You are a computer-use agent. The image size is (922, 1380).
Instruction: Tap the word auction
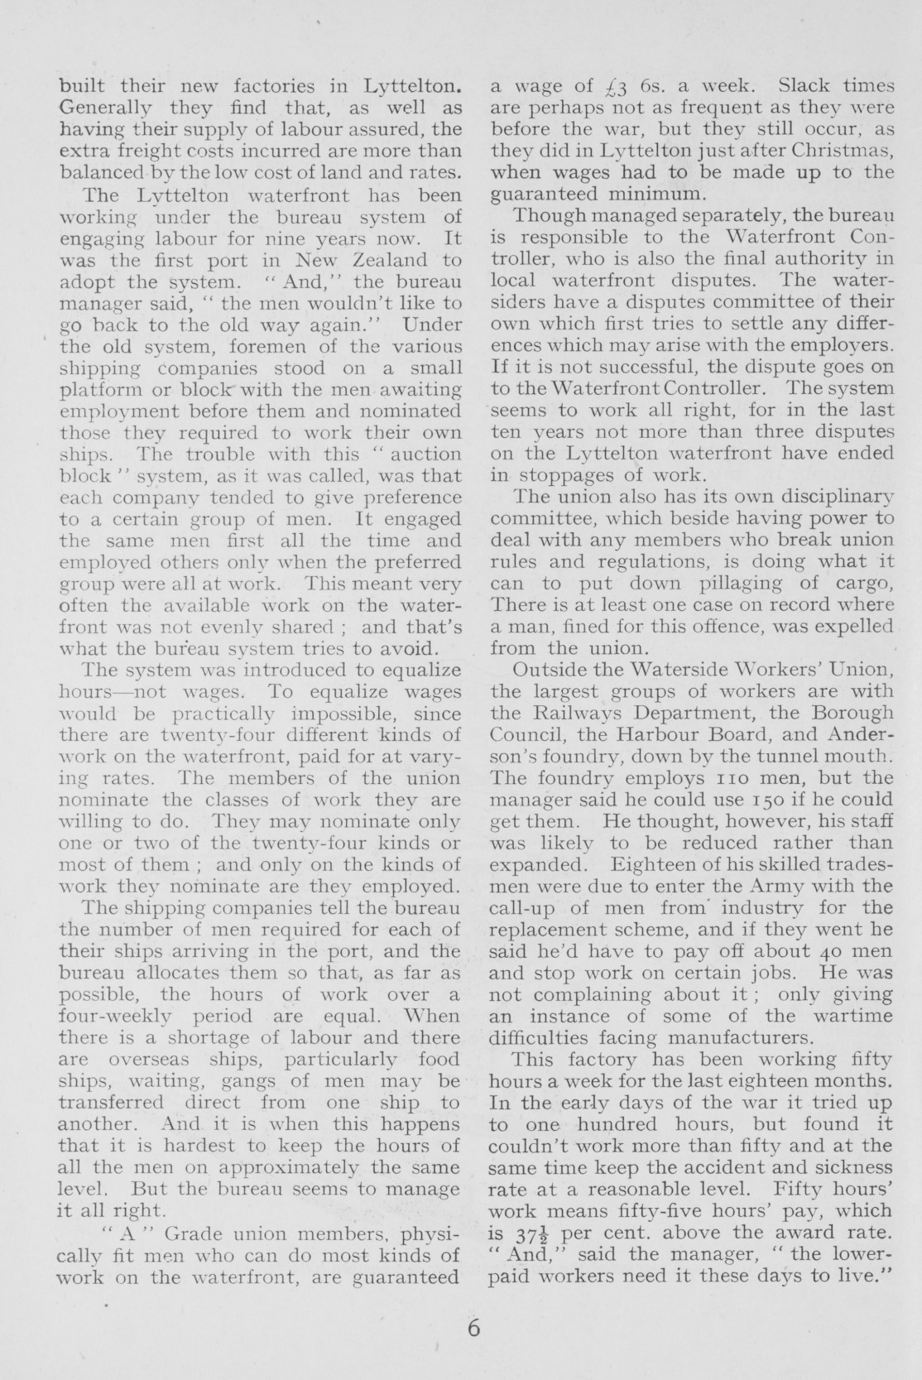(x=428, y=454)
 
